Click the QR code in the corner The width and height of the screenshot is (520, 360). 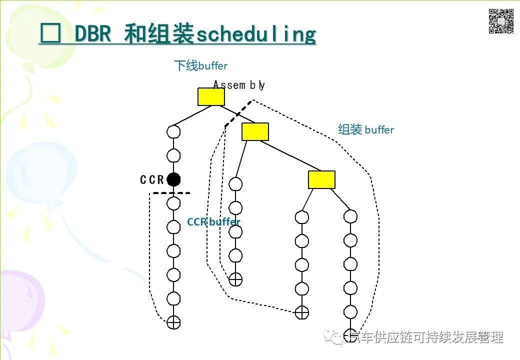[x=501, y=21]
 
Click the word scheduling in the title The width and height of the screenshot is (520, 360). [x=256, y=35]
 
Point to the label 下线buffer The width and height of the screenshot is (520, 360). [x=200, y=65]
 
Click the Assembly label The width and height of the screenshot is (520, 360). [x=239, y=85]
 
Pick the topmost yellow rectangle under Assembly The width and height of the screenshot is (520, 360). [x=211, y=96]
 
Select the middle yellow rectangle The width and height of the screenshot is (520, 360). [x=255, y=131]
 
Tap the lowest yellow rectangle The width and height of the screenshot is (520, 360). [x=321, y=179]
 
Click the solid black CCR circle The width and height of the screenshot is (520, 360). [x=173, y=179]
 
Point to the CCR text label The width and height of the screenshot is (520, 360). [x=152, y=180]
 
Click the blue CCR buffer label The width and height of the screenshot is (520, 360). [x=213, y=222]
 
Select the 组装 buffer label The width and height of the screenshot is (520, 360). [x=366, y=130]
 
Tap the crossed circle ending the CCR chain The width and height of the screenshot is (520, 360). [x=173, y=322]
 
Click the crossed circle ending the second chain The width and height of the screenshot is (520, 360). [x=235, y=279]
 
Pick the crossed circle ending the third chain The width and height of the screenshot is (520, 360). [x=301, y=312]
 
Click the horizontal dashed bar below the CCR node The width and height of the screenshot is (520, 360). [x=171, y=193]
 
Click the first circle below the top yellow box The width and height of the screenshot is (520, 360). [x=173, y=132]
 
